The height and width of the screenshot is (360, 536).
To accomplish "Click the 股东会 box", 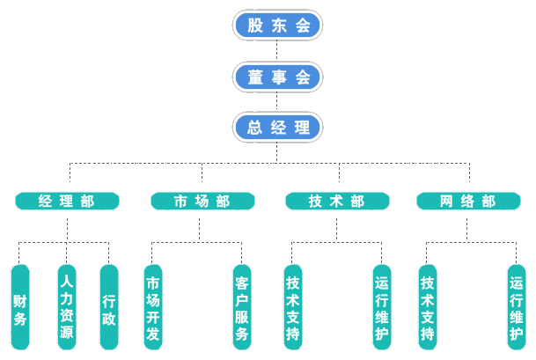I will pos(278,25).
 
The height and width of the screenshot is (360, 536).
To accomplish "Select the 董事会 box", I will pos(278,77).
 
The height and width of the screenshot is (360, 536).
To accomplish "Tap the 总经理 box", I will pos(278,127).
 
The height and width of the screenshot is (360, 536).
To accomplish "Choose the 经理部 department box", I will pos(68,202).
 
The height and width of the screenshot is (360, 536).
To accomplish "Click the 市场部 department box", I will pos(202,202).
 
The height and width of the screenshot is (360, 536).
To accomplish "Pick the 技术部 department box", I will pos(337,202).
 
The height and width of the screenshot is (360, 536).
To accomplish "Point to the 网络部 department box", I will pos(468,202).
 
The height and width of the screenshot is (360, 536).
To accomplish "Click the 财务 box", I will pos(19,307).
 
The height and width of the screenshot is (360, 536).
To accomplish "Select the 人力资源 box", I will pos(66,307).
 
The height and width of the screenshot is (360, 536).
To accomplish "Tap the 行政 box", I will pos(108,307).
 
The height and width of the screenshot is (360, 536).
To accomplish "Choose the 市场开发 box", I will pos(152,307).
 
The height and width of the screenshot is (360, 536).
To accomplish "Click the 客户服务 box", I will pos(242,307).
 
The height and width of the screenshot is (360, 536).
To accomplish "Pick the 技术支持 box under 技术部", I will pos(293,307).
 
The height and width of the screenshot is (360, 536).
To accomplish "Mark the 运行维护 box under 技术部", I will pos(382,307).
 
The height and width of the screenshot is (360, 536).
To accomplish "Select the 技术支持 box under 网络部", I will pos(427,307).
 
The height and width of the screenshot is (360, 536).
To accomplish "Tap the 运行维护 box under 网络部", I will pos(516,307).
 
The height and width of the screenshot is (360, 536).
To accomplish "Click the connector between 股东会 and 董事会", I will pos(278,50).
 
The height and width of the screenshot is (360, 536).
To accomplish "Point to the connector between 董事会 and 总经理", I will pos(278,101).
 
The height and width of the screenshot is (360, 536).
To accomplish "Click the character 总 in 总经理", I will pos(255,127).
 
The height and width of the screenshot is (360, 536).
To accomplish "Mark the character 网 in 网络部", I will pos(448,202).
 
